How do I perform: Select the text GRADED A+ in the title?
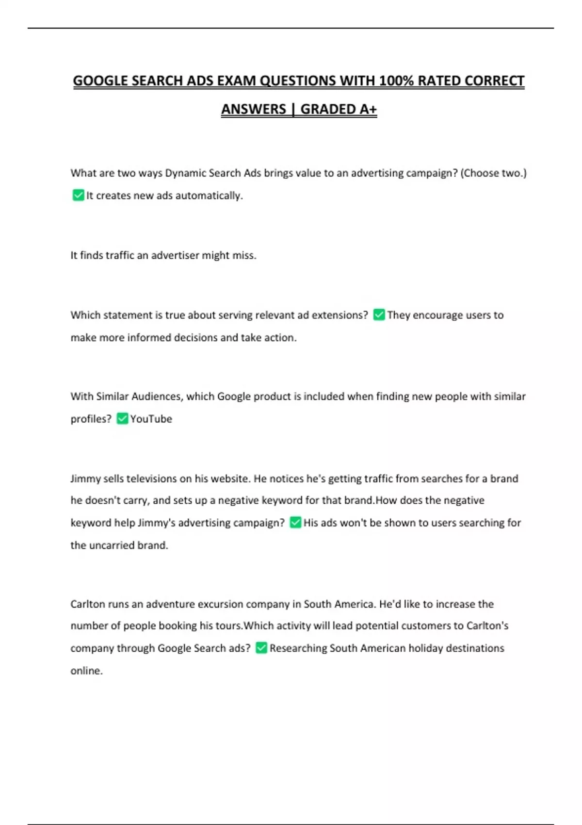[x=339, y=109]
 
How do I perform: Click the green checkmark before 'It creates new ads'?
[x=78, y=195]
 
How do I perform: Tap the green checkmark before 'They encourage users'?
[x=379, y=315]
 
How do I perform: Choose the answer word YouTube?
[x=151, y=419]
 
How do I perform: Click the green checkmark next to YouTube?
[x=122, y=418]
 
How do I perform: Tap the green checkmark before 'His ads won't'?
[x=295, y=522]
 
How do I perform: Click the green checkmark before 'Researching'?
[x=261, y=648]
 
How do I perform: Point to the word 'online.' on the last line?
[x=86, y=671]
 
